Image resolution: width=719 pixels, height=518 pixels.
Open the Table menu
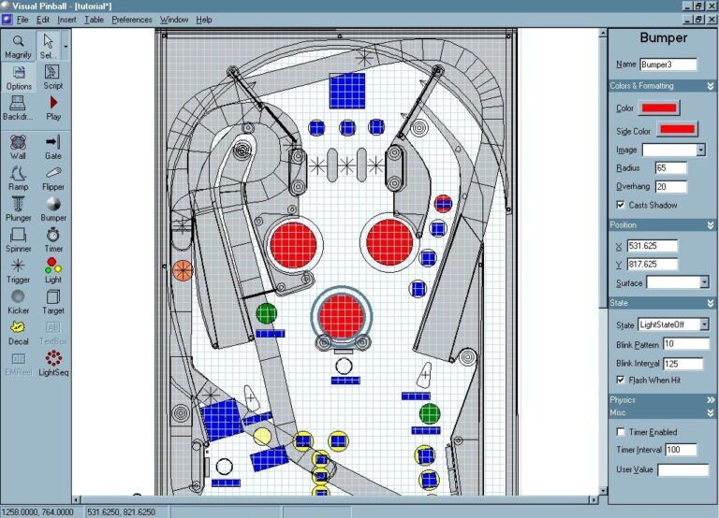click(x=94, y=19)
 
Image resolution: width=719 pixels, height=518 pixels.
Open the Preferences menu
click(x=131, y=19)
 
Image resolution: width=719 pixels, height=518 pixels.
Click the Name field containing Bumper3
click(x=668, y=65)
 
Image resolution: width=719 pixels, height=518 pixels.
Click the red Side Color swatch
click(x=677, y=129)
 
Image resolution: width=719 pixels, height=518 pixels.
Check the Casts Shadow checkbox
click(x=621, y=205)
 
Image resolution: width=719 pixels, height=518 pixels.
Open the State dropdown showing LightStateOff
click(x=673, y=324)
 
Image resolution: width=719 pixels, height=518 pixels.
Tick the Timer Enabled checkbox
click(x=621, y=432)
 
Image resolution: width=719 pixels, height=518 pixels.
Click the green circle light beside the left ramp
click(x=266, y=312)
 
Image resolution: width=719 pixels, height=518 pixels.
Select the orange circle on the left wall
click(x=183, y=270)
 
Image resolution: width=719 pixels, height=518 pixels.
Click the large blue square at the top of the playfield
click(x=347, y=91)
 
